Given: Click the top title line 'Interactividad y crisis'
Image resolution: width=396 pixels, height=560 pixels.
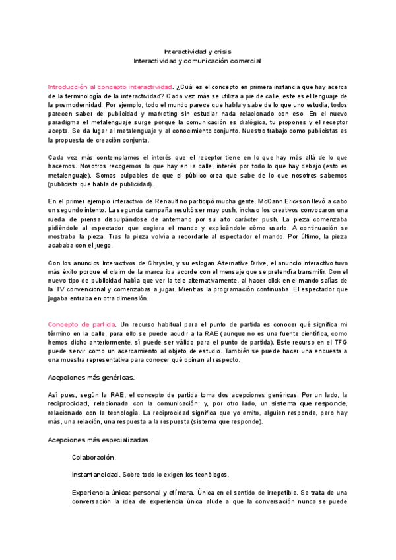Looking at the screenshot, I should tap(197, 51).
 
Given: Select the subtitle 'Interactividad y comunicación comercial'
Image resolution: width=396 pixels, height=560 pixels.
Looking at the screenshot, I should tap(197, 61).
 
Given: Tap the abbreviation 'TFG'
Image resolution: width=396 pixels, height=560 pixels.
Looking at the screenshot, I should tap(339, 343).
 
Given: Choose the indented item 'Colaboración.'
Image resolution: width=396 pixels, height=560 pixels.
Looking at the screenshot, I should tap(94, 457).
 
